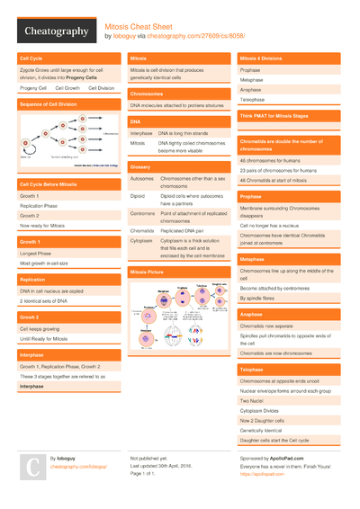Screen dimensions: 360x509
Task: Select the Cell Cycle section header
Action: (31, 58)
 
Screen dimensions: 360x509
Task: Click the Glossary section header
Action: (140, 166)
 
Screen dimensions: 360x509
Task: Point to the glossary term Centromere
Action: (143, 213)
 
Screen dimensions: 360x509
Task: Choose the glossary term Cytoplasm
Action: (142, 241)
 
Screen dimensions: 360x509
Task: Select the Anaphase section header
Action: (252, 314)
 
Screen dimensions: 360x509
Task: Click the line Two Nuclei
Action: (251, 402)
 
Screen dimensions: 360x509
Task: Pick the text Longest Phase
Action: (36, 254)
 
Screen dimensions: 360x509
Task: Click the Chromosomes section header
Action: (147, 93)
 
